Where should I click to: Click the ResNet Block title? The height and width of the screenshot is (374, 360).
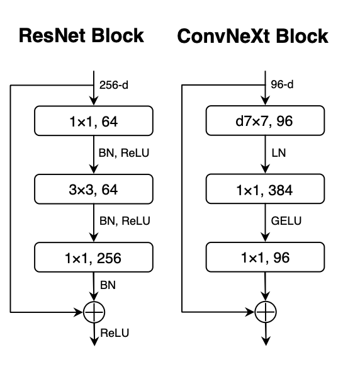(x=81, y=36)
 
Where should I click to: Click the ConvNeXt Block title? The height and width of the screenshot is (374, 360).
(x=252, y=36)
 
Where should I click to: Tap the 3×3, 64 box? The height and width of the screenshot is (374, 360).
(x=94, y=188)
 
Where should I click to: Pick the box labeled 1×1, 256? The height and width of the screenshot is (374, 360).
(x=94, y=258)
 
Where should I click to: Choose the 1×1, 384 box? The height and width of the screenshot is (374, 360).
(x=265, y=188)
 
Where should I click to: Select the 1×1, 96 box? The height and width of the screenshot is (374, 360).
(x=265, y=258)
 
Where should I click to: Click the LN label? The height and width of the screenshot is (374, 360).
(x=278, y=153)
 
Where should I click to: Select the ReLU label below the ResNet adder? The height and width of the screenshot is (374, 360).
(x=114, y=333)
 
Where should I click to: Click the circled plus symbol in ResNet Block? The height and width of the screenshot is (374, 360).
(x=94, y=311)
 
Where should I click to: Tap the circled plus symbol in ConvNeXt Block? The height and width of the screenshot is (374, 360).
(x=265, y=311)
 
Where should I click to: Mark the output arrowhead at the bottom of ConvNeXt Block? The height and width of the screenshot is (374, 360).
(x=265, y=341)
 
